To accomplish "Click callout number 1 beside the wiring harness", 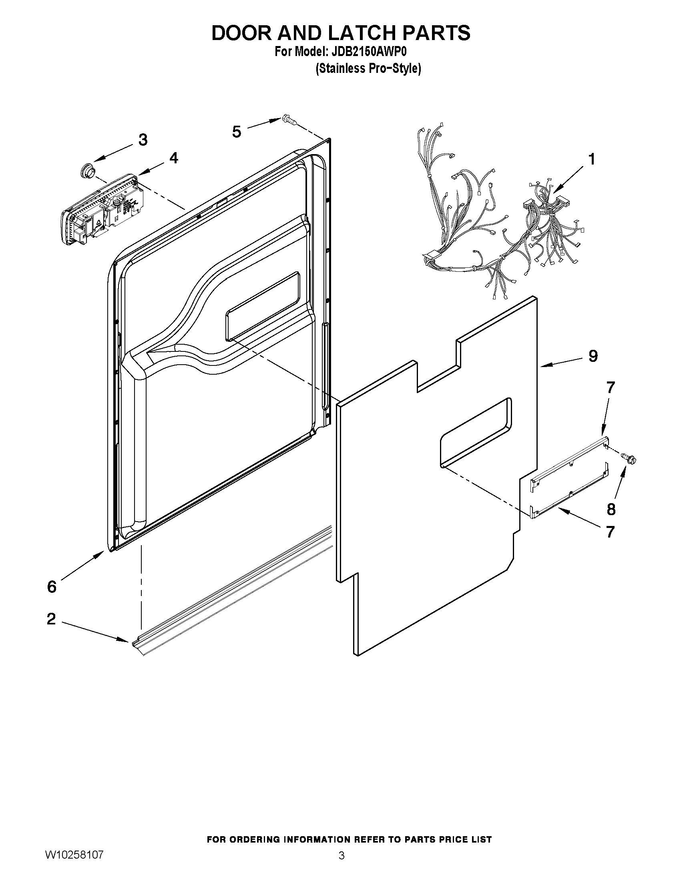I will pyautogui.click(x=591, y=159).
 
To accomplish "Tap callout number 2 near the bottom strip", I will pyautogui.click(x=51, y=618).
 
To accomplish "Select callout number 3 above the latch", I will pyautogui.click(x=143, y=140).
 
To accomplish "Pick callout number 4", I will pyautogui.click(x=173, y=158).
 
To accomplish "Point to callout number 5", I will pyautogui.click(x=237, y=132).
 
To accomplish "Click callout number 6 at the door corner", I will pyautogui.click(x=52, y=586).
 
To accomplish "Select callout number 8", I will pyautogui.click(x=611, y=510).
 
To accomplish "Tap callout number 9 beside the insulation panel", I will pyautogui.click(x=593, y=356).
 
